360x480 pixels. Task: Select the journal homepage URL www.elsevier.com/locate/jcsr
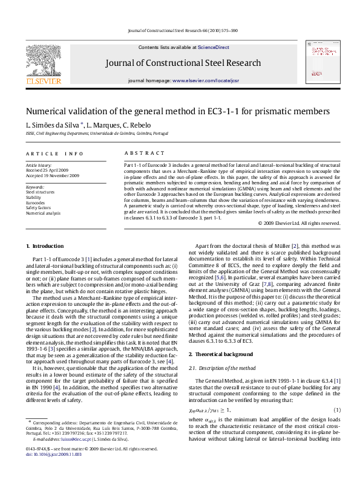pos(206,80)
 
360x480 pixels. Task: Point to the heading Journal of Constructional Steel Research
pos(183,63)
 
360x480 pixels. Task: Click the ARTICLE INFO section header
pos(54,154)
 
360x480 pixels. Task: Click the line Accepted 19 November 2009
pos(52,175)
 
